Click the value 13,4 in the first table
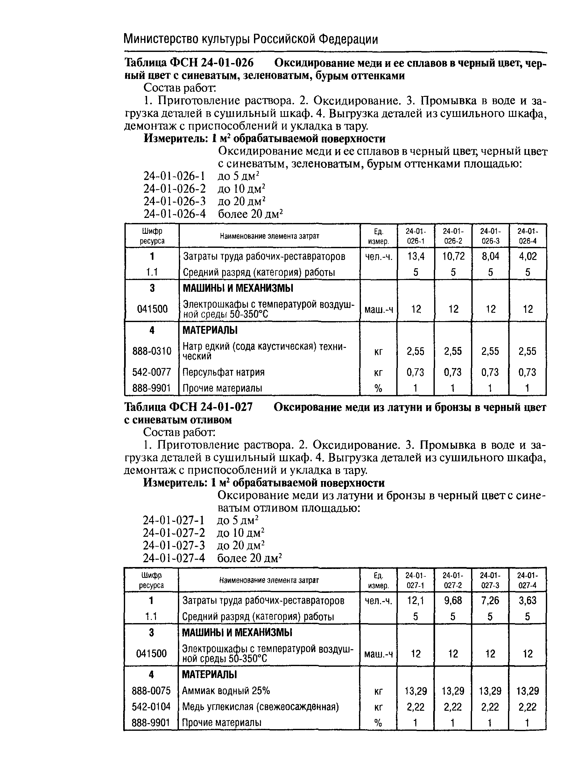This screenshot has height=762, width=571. click(x=415, y=256)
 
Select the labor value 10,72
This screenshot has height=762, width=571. click(x=453, y=256)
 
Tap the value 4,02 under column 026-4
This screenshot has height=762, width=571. click(x=527, y=256)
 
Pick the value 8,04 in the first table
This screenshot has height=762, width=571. click(x=490, y=256)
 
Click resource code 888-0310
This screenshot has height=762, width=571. click(x=152, y=351)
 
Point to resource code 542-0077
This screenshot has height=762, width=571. click(x=152, y=372)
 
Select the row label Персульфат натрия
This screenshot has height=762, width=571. click(x=223, y=372)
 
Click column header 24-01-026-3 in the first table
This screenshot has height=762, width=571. click(x=490, y=236)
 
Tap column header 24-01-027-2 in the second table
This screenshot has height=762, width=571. click(x=453, y=580)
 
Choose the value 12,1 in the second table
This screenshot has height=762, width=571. click(x=415, y=600)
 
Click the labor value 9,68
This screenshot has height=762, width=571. click(x=453, y=600)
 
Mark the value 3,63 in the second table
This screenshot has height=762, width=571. click(x=527, y=600)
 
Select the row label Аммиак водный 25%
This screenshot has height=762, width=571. click(x=226, y=691)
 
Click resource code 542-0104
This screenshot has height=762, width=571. click(x=151, y=707)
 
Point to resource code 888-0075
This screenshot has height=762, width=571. click(x=151, y=691)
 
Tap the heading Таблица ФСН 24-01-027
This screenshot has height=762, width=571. click(x=188, y=407)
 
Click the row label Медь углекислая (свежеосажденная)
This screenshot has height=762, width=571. click(x=260, y=707)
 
